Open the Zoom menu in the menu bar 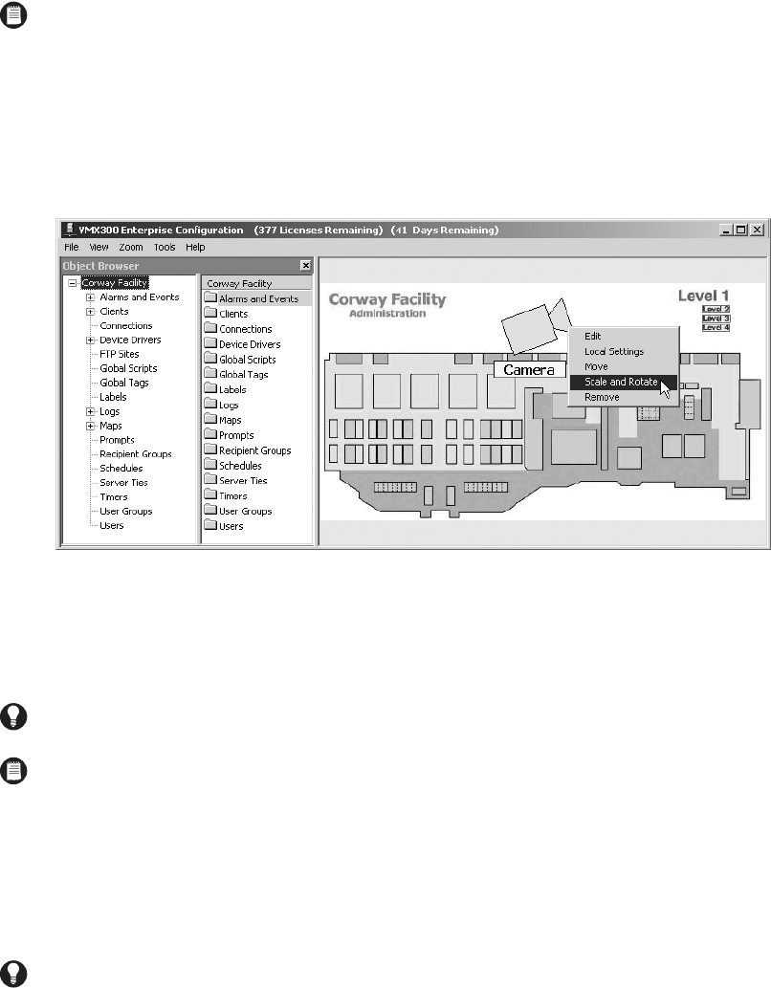130,247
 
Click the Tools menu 165,247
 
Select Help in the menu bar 195,247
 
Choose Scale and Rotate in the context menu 620,382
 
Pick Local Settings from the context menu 613,351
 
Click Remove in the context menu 602,397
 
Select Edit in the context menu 593,336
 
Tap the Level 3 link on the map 716,318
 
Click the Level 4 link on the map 716,327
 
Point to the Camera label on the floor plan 529,369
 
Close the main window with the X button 756,230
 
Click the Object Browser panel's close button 305,265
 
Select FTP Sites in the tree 119,354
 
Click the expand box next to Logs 90,411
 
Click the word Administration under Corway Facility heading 386,314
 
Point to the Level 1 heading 703,296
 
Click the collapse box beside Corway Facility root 73,283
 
